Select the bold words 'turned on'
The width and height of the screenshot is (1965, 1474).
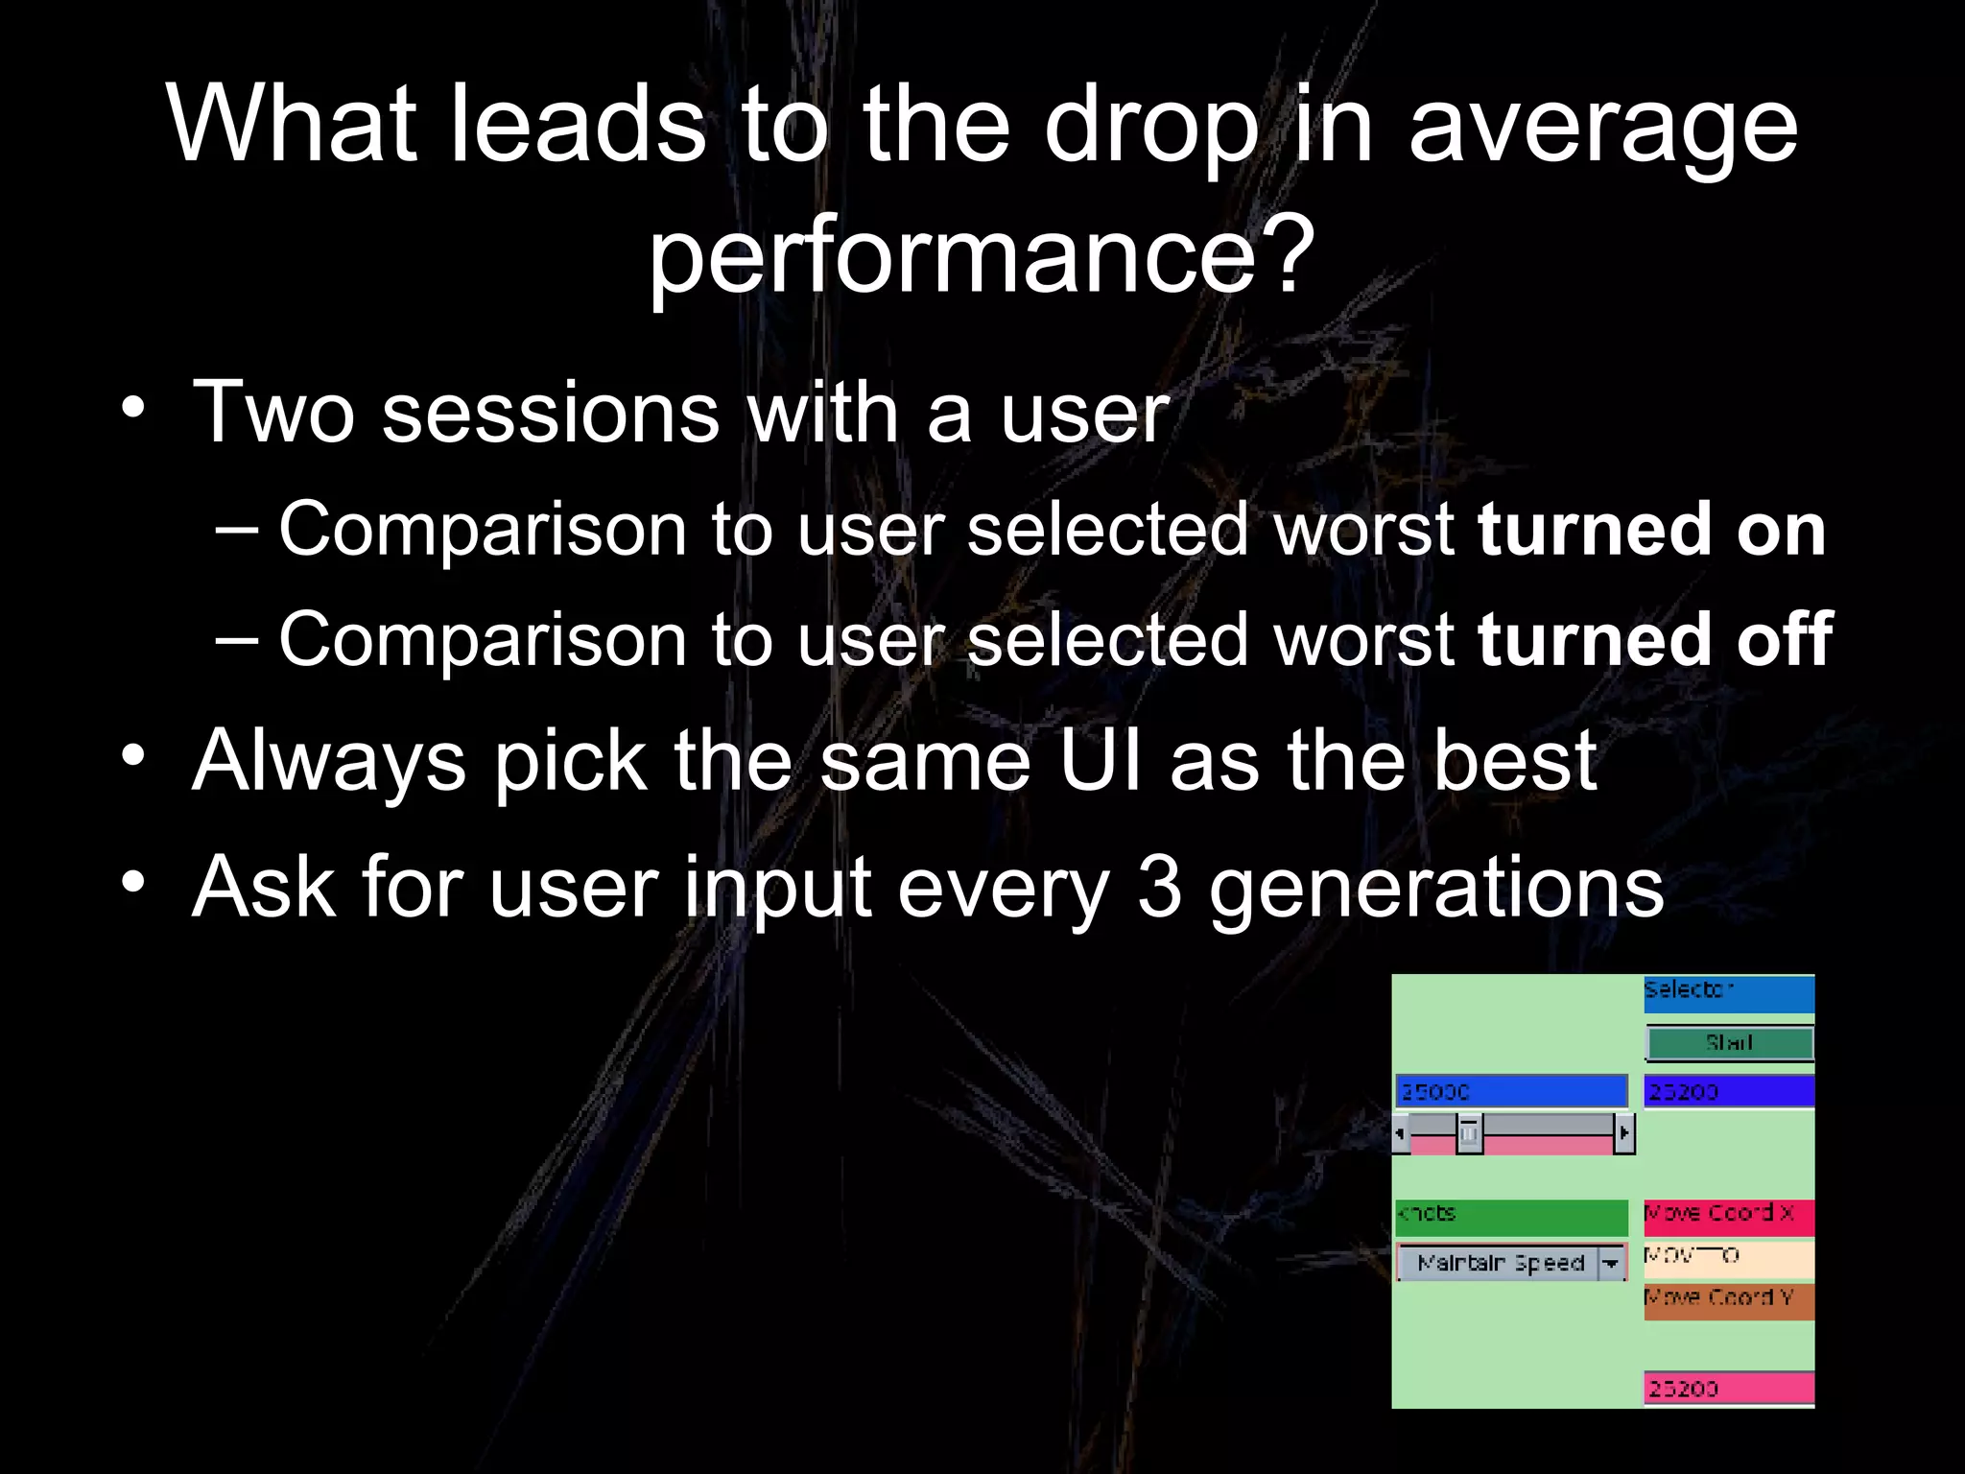click(1651, 530)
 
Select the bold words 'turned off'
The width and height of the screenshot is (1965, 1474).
click(1655, 640)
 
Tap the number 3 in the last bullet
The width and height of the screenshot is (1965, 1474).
click(1159, 888)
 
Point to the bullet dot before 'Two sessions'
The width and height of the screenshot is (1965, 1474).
click(133, 409)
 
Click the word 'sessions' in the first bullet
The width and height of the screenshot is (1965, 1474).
click(551, 413)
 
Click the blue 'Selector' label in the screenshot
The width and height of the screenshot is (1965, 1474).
click(1728, 992)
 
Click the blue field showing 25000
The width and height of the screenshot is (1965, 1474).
click(1511, 1091)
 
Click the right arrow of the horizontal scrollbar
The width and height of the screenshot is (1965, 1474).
click(1623, 1133)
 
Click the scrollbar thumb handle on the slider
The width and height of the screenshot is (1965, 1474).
click(1469, 1133)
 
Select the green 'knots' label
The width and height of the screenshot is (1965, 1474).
click(1511, 1215)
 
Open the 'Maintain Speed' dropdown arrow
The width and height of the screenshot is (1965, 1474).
click(1611, 1263)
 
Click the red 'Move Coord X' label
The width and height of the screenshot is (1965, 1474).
click(1728, 1215)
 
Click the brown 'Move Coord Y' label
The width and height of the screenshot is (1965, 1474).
click(1728, 1300)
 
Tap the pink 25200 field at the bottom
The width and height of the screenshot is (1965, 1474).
click(1728, 1388)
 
